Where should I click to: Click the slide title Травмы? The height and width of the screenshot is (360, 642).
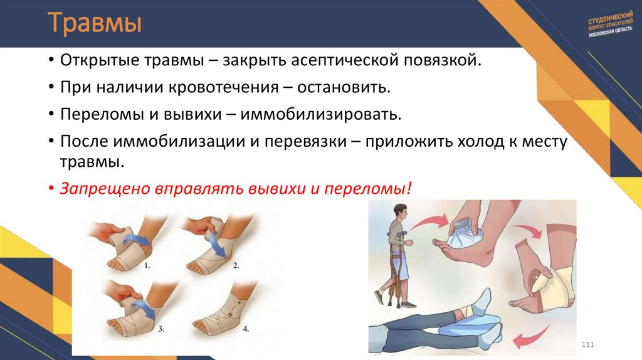coord(95,24)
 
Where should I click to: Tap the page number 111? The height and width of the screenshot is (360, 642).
coord(587,346)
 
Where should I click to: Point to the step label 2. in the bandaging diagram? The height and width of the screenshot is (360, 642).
coord(236,265)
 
